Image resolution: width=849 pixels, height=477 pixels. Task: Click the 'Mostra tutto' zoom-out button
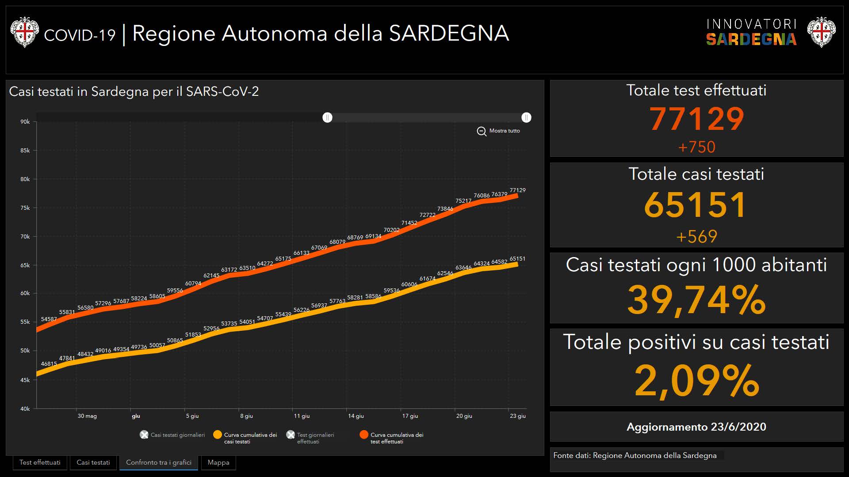498,131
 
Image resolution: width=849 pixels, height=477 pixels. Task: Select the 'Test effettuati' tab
40,462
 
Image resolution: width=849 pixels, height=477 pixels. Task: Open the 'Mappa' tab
218,462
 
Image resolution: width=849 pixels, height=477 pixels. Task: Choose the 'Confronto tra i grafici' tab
159,462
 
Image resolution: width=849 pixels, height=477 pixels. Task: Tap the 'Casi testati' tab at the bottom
93,462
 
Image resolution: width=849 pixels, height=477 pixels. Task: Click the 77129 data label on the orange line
517,190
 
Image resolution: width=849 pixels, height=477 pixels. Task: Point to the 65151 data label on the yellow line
517,259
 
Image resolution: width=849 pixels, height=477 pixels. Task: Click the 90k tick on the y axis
25,122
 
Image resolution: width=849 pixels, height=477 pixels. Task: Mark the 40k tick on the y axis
25,409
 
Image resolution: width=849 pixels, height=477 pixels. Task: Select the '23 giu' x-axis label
517,416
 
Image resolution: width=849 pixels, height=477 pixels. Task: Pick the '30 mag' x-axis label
87,416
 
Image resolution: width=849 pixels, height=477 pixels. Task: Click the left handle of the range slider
327,117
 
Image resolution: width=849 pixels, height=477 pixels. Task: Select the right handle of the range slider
526,117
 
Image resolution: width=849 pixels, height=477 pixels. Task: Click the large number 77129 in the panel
696,119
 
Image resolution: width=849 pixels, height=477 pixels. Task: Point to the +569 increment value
696,237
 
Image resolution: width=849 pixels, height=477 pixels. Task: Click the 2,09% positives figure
696,381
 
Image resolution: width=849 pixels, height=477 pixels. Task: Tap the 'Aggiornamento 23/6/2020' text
696,427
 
